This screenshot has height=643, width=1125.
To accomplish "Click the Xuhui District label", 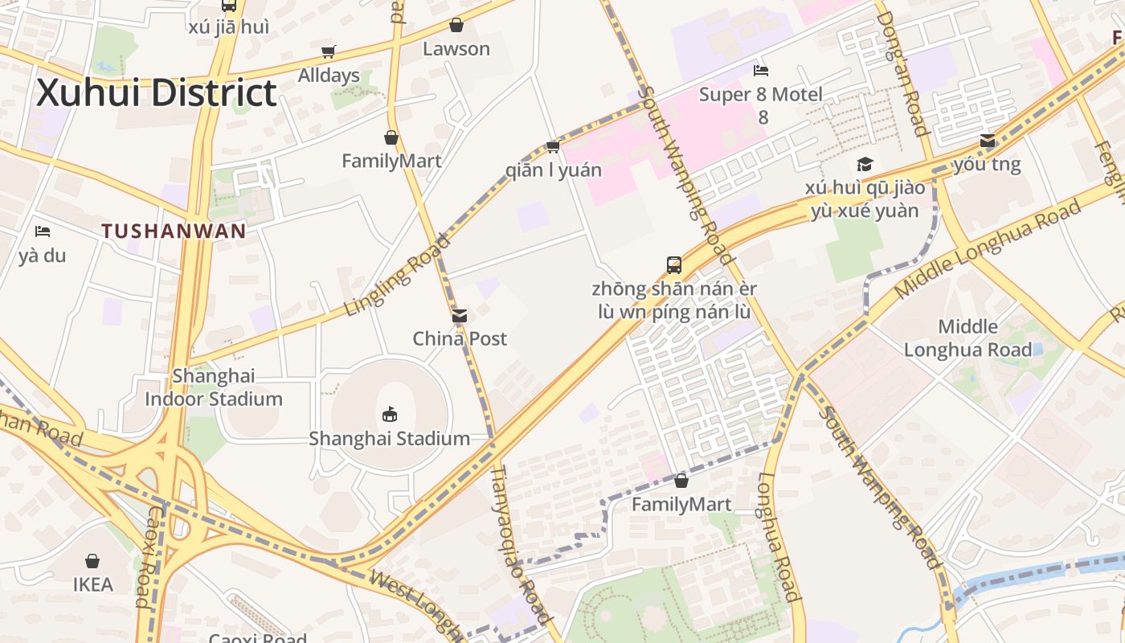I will pyautogui.click(x=157, y=92).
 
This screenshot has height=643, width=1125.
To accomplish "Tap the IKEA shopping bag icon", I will pyautogui.click(x=92, y=561).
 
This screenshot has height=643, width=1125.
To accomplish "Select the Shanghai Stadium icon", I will pyautogui.click(x=390, y=415).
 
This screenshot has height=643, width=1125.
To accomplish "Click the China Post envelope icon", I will pyautogui.click(x=460, y=316).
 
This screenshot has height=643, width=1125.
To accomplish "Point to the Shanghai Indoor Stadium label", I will pyautogui.click(x=214, y=387).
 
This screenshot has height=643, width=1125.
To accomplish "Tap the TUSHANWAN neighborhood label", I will pyautogui.click(x=174, y=231).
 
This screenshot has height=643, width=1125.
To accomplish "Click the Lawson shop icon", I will pyautogui.click(x=456, y=26).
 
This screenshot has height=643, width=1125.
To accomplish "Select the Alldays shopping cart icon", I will pyautogui.click(x=328, y=52).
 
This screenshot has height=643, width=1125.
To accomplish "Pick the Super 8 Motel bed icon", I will pyautogui.click(x=761, y=71).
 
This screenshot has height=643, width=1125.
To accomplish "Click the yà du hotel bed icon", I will pyautogui.click(x=43, y=232).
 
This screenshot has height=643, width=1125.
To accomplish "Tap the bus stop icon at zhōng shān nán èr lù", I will pyautogui.click(x=674, y=264).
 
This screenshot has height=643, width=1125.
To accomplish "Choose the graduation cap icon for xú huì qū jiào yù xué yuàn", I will pyautogui.click(x=865, y=165).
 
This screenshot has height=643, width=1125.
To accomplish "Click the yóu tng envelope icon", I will pyautogui.click(x=988, y=141).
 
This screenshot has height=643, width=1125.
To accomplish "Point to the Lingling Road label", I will pyautogui.click(x=397, y=275).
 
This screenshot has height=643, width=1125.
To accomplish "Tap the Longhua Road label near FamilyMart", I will pyautogui.click(x=778, y=537).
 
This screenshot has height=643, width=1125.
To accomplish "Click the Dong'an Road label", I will pyautogui.click(x=903, y=72).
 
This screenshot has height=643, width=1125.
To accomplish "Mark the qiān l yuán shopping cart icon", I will pyautogui.click(x=553, y=146).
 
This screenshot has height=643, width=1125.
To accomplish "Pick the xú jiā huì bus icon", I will pyautogui.click(x=229, y=6).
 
